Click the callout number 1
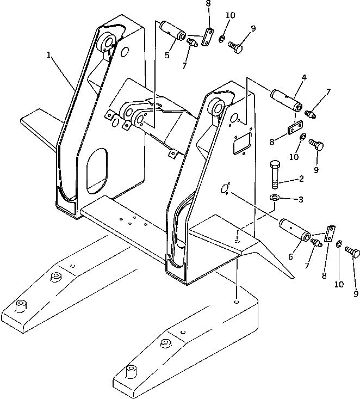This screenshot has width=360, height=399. pyautogui.click(x=49, y=55)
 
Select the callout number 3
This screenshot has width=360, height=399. pyautogui.click(x=300, y=200)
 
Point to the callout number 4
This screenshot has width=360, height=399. pyautogui.click(x=303, y=77)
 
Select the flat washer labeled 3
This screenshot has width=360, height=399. pyautogui.click(x=275, y=197)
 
